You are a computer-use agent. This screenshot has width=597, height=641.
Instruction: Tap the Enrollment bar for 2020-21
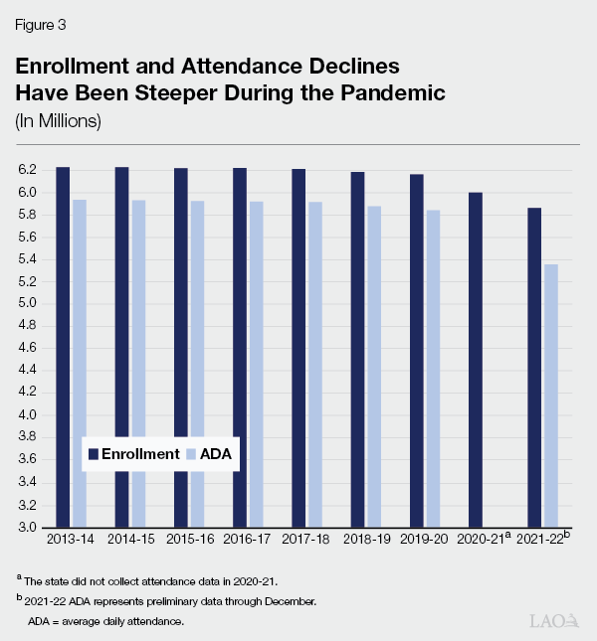(x=476, y=359)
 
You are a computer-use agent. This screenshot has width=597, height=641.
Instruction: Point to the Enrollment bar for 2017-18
(x=298, y=347)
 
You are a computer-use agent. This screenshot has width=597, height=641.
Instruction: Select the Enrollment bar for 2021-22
(x=534, y=367)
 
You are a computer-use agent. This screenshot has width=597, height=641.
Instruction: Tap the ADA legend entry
(x=213, y=453)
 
